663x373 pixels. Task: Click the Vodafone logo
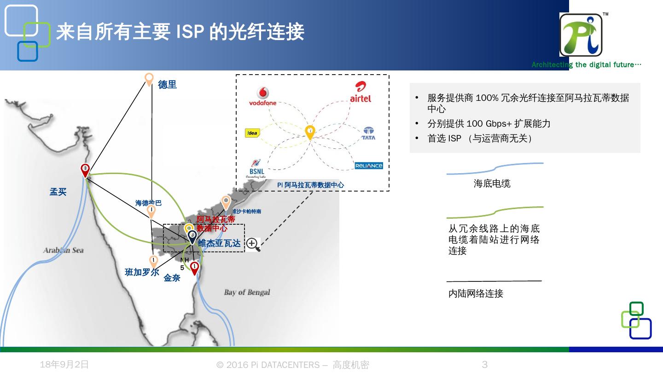263,96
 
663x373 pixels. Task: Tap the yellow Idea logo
253,133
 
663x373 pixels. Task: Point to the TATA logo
368,134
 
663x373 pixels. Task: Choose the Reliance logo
369,166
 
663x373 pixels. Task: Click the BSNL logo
256,169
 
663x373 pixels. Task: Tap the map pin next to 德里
149,79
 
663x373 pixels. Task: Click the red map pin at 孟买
85,170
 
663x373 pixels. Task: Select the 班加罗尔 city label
142,272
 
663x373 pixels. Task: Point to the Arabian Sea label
64,251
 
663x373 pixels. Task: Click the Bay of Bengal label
247,292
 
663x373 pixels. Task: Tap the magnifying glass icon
253,244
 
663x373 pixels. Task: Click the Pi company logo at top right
581,35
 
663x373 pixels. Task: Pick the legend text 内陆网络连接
476,293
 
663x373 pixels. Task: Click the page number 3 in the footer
484,365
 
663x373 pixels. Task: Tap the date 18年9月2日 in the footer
64,365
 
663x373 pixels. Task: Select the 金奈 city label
172,278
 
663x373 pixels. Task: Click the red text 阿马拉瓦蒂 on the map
216,219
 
